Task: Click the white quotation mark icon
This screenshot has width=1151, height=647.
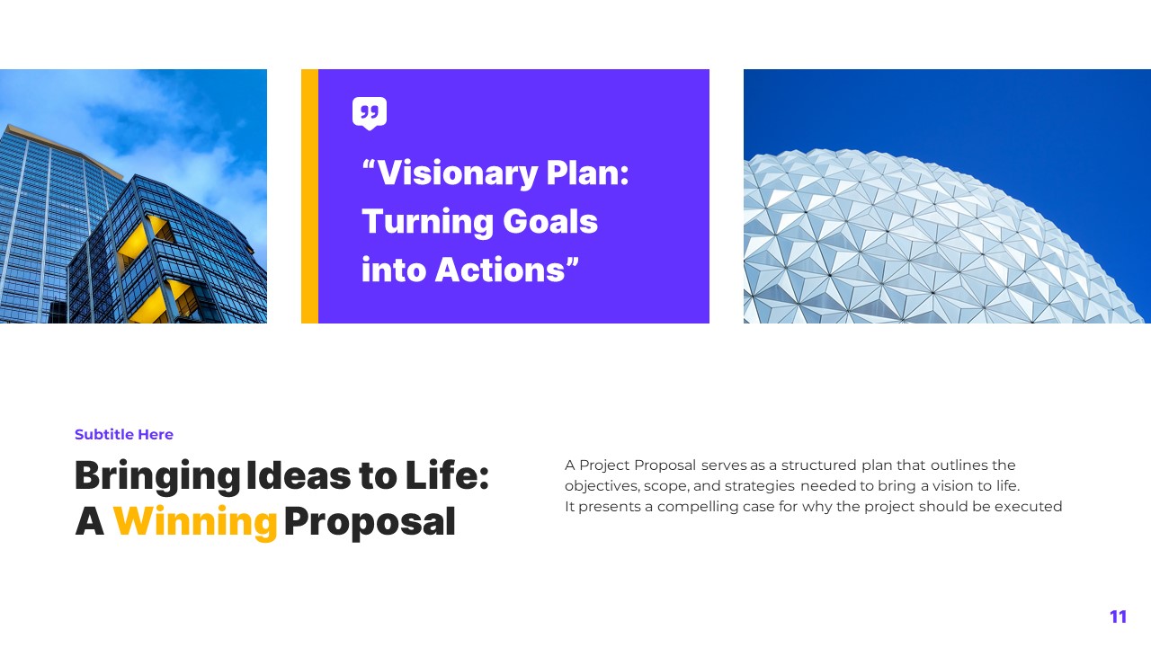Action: tap(370, 113)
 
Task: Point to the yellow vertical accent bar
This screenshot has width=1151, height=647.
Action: tap(309, 196)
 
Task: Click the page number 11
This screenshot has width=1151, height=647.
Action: tap(1118, 616)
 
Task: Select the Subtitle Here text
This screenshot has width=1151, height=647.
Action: tap(124, 435)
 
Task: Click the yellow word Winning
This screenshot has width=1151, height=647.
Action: tap(195, 522)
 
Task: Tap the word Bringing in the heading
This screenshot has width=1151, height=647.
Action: tap(156, 476)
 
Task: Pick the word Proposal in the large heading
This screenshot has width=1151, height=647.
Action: tap(370, 522)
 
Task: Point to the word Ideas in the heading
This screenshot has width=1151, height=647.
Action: tap(299, 475)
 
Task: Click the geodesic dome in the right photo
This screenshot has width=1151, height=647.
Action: tap(935, 243)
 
